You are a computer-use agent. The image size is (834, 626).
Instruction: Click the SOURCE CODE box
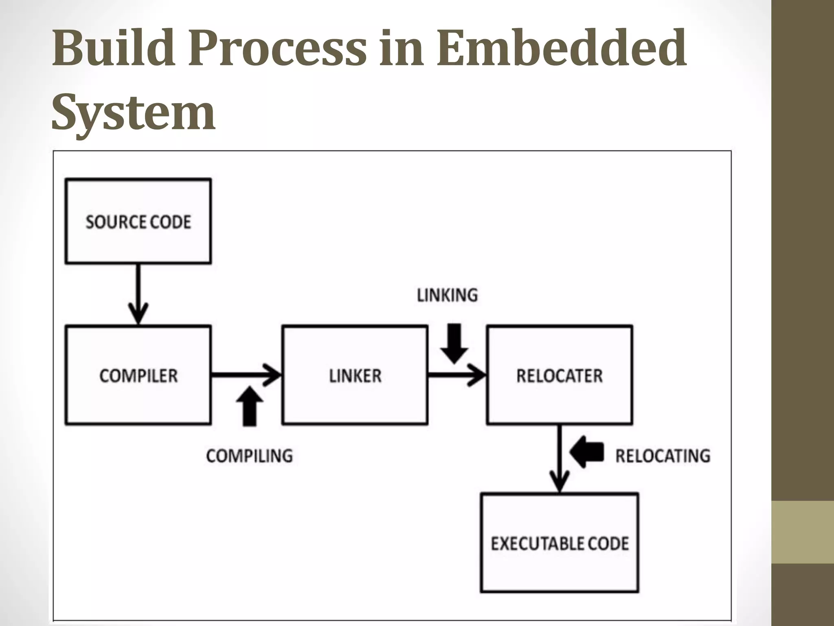(x=138, y=221)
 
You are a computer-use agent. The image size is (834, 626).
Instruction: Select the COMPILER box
(x=138, y=375)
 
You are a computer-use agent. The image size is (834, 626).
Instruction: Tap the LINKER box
(x=355, y=375)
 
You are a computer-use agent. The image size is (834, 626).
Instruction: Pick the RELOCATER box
(x=559, y=375)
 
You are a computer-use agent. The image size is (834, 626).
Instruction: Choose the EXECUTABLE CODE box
(x=559, y=543)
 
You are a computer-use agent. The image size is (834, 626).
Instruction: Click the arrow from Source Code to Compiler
(x=138, y=293)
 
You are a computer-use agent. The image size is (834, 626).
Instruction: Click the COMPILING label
(x=249, y=456)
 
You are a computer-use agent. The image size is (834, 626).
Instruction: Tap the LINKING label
(x=447, y=295)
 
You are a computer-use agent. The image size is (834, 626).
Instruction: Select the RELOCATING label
(x=663, y=456)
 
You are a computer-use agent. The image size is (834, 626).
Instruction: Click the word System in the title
(x=133, y=111)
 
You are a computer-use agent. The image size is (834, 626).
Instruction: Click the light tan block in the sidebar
(x=803, y=532)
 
